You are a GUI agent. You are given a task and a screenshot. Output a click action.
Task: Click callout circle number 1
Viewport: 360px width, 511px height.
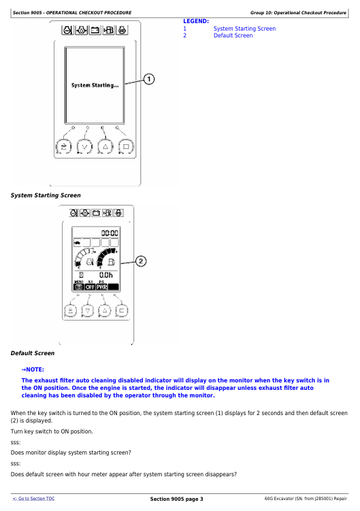148,79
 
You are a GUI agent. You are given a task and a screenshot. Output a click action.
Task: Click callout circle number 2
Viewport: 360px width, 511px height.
141,261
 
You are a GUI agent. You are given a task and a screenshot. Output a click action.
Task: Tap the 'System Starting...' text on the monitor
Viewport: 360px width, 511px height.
95,85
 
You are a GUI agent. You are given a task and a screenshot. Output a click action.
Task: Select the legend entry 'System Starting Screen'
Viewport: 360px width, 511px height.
244,29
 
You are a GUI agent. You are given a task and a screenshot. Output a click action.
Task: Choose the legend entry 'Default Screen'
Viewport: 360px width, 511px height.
233,35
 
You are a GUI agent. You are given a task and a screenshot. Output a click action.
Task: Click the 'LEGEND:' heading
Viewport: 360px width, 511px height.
196,21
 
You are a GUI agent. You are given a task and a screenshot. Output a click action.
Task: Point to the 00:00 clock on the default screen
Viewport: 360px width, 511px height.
110,233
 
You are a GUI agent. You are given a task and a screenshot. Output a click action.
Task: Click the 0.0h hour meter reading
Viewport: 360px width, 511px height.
106,275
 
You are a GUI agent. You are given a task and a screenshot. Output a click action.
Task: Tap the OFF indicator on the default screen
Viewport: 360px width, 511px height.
90,286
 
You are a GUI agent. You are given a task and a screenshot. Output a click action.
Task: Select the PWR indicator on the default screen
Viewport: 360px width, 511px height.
102,286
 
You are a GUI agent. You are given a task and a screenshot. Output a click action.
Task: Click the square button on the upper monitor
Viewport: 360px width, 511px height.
126,147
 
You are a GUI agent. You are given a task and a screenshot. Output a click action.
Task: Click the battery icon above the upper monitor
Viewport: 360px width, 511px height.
95,31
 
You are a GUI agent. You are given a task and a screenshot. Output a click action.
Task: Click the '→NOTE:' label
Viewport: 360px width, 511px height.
33,369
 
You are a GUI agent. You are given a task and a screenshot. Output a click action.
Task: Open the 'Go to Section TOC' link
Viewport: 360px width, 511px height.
33,499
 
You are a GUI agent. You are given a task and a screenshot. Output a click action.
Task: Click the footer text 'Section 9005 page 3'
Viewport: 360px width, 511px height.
176,499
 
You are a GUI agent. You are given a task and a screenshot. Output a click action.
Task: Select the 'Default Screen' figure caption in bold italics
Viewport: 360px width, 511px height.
33,353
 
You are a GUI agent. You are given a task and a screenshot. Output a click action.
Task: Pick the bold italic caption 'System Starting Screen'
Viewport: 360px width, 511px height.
46,195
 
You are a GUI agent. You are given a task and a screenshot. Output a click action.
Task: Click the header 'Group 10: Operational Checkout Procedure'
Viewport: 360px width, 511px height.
298,13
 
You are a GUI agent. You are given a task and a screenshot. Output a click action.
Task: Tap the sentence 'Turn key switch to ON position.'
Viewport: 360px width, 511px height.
52,431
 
